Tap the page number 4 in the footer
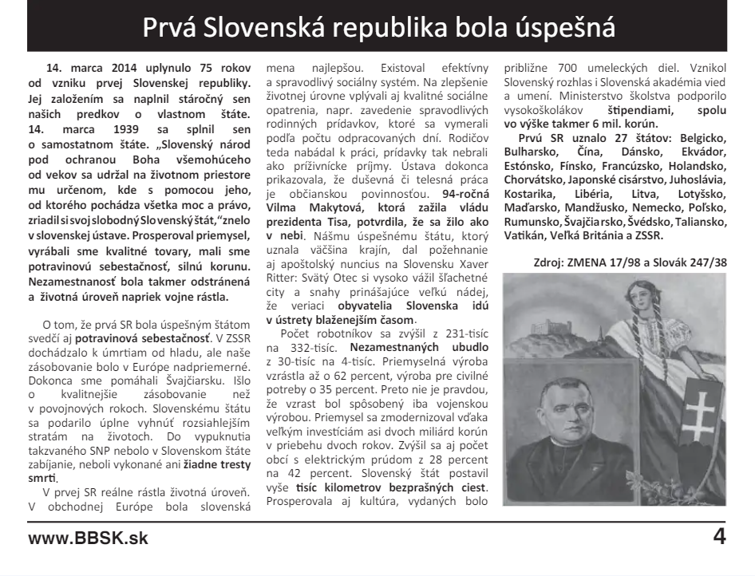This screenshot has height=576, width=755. (x=719, y=537)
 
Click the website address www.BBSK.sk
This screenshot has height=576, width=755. (x=88, y=539)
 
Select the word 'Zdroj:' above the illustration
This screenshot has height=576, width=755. (x=551, y=262)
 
